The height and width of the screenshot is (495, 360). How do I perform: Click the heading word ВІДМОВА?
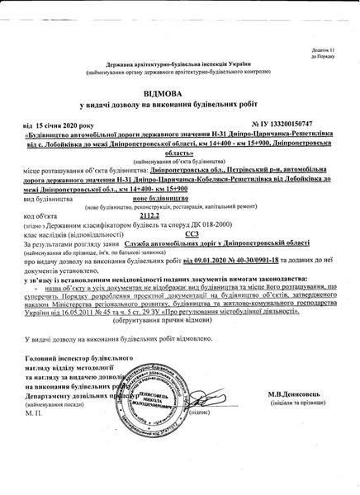[180, 96]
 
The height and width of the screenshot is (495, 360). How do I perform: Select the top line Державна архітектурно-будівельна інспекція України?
[178, 64]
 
